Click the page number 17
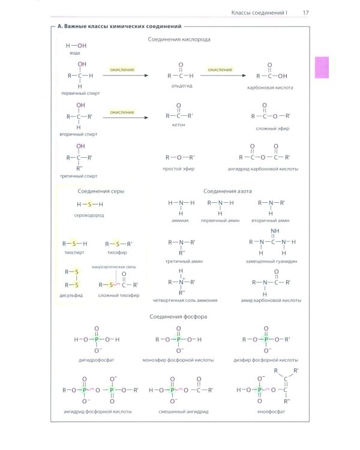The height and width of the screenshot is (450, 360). pos(306,13)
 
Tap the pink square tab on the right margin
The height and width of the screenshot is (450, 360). pos(322,67)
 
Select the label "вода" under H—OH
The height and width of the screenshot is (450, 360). pos(74,53)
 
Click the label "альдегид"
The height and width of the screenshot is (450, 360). pos(182,86)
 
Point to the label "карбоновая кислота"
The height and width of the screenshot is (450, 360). pos(270,88)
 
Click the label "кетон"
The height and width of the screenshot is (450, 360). pos(179,125)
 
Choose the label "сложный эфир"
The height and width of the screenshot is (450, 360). pos(272,128)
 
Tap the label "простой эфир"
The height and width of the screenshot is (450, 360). pos(179,169)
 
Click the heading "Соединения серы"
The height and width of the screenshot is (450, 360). pos(101,191)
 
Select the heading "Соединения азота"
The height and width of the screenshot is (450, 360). pos(227,191)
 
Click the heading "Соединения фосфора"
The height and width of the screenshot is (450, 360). pos(178,317)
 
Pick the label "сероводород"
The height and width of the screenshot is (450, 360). pos(89,215)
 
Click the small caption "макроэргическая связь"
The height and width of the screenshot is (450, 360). pos(114,267)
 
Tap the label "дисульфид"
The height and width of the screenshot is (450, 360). pos(71,295)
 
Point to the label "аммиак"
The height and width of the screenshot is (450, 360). pos(180,221)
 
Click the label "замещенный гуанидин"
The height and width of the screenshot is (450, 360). pos(272,262)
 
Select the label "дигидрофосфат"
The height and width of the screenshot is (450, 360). pos(97,360)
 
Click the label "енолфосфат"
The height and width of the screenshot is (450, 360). pos(271,412)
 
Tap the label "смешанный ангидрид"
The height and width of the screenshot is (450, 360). pos(184,412)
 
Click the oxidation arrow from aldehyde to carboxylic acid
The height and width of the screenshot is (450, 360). pos(223,76)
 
